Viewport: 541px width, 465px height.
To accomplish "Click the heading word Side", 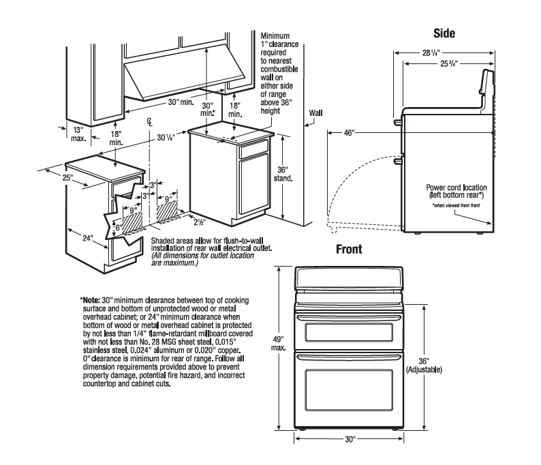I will click(x=444, y=33).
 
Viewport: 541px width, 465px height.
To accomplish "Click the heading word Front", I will click(x=348, y=250).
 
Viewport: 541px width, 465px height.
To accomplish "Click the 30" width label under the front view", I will click(x=350, y=439).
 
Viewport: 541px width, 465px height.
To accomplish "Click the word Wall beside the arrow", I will click(x=316, y=112).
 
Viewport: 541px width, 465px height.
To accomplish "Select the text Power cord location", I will click(x=453, y=187).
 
